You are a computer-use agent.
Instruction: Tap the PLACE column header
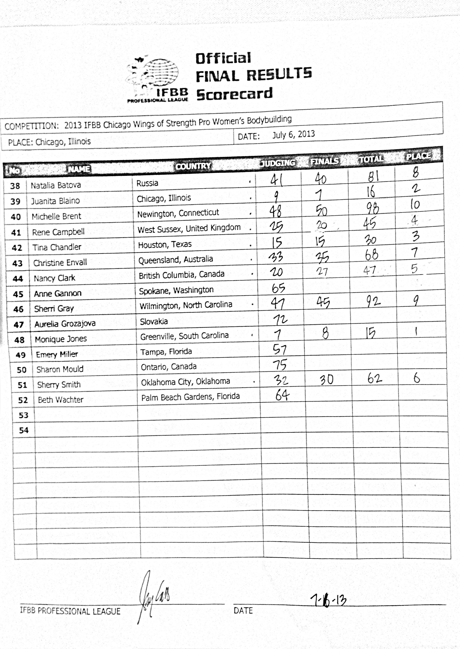pos(418,156)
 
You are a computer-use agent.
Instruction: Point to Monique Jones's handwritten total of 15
pos(370,333)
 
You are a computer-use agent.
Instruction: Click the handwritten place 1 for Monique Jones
pos(416,332)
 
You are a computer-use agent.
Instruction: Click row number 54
pos(24,430)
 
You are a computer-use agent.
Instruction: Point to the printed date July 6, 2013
pos(294,134)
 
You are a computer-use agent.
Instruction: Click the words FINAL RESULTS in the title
pos(253,74)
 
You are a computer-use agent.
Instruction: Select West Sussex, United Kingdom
pos(189,229)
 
